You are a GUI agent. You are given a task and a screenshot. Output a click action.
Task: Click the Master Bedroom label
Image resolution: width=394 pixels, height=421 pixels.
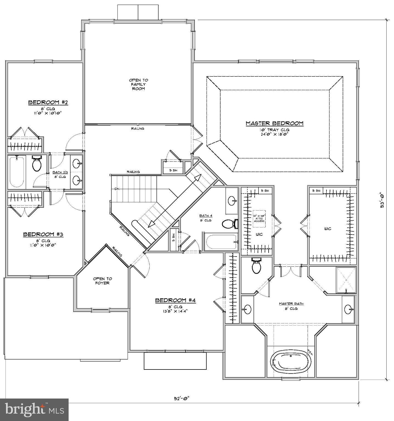[x=275, y=124]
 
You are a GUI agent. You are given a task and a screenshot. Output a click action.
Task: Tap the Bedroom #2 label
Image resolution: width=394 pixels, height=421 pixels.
[x=48, y=103]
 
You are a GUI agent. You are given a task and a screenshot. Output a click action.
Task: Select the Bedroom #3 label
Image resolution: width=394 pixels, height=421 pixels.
[x=43, y=235]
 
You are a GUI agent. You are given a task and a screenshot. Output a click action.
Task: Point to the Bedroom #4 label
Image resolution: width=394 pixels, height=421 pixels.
[x=176, y=300]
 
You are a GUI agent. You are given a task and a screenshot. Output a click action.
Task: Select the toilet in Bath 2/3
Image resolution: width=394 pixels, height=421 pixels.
[x=36, y=164]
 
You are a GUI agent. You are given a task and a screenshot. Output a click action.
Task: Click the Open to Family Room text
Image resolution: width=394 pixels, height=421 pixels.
[x=139, y=84]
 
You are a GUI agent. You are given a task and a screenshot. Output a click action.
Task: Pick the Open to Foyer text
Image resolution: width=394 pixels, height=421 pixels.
[x=102, y=281]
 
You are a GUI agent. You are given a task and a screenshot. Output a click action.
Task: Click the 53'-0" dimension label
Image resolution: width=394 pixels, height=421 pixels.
[x=382, y=201]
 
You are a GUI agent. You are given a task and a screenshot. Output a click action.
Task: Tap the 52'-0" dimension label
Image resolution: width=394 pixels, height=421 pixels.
[x=182, y=399]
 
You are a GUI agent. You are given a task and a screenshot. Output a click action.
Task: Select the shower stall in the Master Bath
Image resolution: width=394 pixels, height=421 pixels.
[x=346, y=280]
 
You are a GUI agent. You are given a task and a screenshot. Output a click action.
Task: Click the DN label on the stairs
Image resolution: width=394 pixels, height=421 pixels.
[x=117, y=189]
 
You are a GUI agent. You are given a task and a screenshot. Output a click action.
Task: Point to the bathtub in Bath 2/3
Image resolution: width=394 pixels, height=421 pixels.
[x=16, y=172]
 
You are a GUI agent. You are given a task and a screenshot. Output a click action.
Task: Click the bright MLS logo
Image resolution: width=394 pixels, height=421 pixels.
[x=34, y=410]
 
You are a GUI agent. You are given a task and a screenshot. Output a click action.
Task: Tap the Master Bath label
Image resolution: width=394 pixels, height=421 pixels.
[x=291, y=304]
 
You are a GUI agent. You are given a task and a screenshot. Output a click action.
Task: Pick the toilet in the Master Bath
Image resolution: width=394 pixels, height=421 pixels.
[x=257, y=266]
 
